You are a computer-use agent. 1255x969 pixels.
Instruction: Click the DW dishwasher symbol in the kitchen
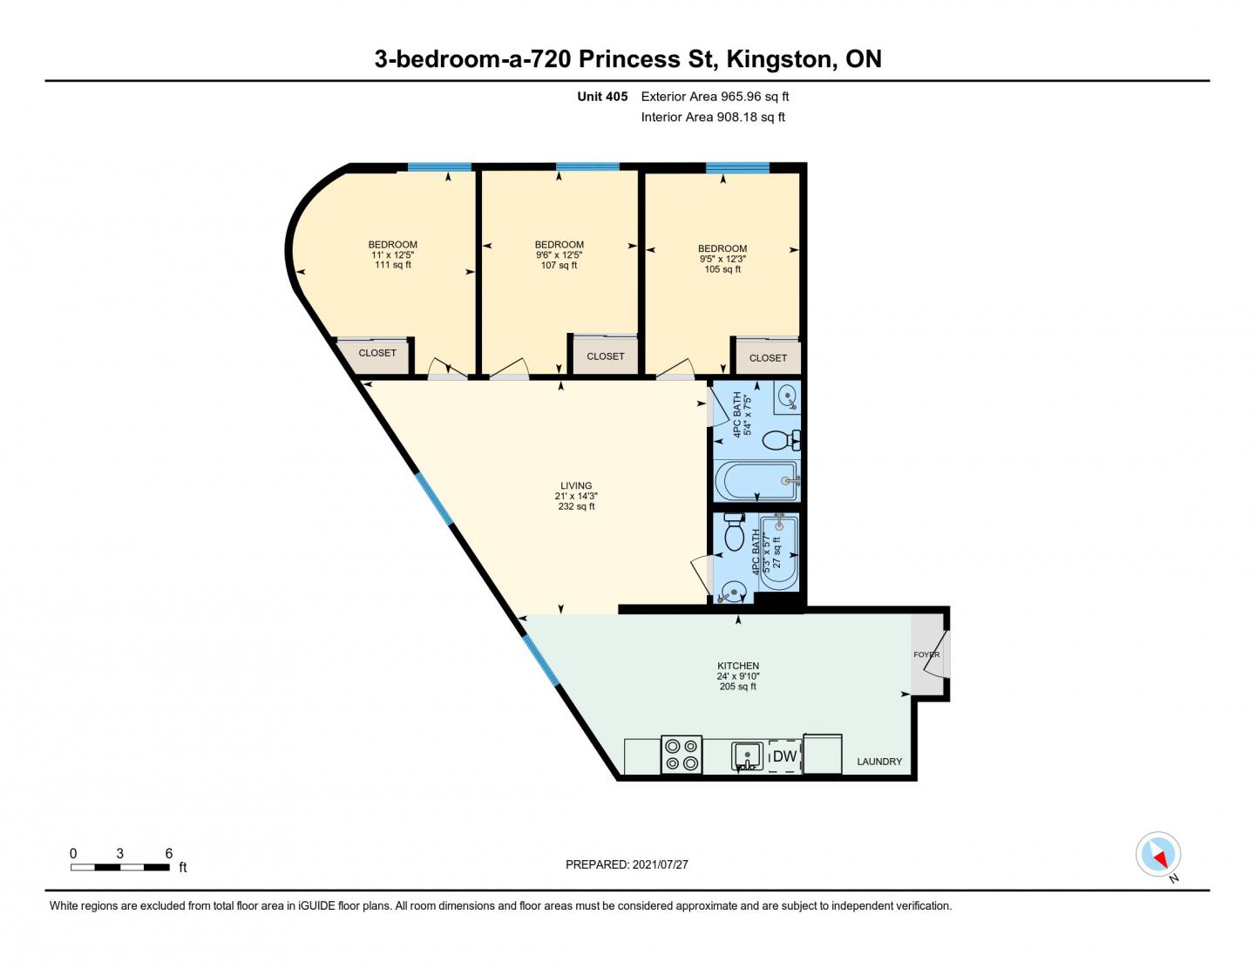785,756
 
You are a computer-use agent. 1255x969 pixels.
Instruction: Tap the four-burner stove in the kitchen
681,755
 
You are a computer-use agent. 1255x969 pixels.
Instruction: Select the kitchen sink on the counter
747,756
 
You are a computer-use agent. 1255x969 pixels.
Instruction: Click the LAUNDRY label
878,761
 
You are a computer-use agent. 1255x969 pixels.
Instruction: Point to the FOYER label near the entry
926,654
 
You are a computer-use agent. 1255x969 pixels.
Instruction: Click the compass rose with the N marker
1158,854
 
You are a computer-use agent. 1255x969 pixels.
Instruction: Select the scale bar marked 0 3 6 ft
120,866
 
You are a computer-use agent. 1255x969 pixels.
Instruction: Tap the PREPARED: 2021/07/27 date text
627,864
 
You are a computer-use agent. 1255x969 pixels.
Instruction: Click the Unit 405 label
602,97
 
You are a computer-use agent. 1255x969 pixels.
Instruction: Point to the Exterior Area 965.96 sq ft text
715,97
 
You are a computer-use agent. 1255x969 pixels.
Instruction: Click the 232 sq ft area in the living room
576,506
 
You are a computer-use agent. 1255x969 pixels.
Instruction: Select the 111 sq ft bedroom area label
392,265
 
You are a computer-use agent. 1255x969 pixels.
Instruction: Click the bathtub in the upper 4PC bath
756,480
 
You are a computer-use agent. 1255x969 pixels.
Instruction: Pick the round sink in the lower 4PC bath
735,593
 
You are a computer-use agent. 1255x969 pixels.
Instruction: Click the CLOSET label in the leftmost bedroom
377,353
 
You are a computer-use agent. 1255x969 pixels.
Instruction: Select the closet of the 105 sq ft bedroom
768,357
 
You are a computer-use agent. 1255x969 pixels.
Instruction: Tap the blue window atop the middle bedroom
587,166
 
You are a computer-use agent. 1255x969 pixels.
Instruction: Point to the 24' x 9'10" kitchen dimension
738,675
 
